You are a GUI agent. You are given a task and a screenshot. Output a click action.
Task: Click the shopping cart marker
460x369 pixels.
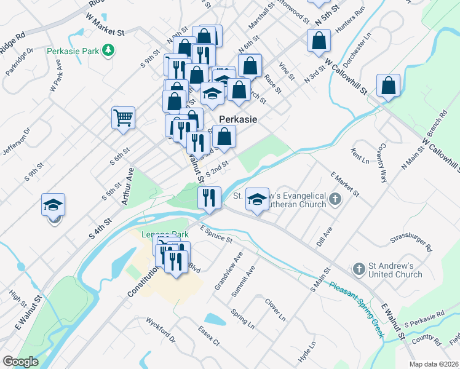[x=123, y=117]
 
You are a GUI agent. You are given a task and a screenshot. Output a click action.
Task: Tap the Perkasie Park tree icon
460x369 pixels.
[x=109, y=49]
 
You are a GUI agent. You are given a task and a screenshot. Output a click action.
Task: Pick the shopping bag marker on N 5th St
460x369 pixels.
[x=319, y=41]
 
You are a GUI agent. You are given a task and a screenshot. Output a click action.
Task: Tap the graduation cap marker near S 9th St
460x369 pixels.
[x=54, y=204]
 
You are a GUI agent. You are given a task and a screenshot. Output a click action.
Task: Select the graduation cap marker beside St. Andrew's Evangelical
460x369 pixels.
[x=257, y=199]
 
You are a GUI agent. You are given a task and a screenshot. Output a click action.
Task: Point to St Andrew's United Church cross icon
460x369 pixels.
[x=359, y=269]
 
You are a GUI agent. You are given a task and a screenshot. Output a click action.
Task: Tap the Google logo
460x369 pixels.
[x=20, y=362]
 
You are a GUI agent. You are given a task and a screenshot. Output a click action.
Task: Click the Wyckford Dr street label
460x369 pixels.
[x=161, y=330]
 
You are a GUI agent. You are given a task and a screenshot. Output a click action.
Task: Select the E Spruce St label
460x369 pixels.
[x=215, y=234]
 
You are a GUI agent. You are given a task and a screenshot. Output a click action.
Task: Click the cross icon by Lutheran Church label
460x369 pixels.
[x=335, y=199]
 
